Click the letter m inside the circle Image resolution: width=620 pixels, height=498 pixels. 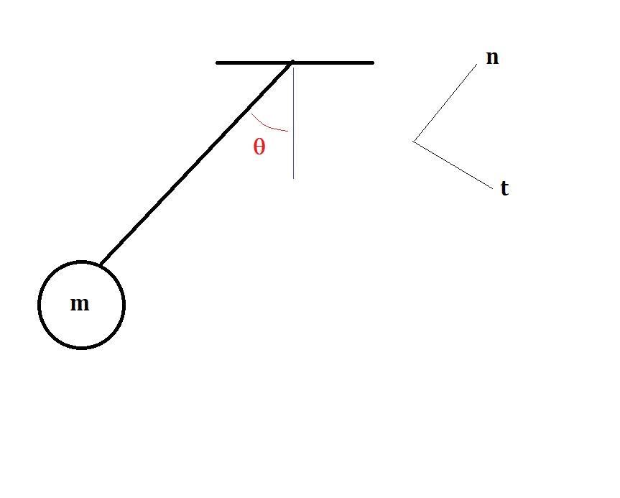point(80,304)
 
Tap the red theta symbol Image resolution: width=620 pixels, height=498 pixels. point(259,147)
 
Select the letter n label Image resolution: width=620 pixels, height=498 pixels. point(492,57)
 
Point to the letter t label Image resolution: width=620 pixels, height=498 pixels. point(504,188)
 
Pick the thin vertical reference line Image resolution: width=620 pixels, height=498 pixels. point(293,123)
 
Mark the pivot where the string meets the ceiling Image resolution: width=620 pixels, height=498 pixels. point(292,63)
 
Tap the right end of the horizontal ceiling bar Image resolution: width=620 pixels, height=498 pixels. point(372,63)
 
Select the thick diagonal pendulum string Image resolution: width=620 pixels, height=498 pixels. point(197,163)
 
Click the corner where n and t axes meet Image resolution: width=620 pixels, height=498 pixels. point(414,142)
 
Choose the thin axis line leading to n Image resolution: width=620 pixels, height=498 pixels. point(445,103)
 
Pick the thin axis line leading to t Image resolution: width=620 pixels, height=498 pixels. point(453,165)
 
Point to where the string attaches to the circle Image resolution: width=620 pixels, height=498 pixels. point(101,264)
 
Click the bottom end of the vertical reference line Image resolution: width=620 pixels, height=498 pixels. point(293,178)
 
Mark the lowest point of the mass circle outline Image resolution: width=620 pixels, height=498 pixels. point(81,348)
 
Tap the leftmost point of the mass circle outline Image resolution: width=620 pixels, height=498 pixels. point(39,305)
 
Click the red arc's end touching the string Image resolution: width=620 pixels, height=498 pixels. point(252,114)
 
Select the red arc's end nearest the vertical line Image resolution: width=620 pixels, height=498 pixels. point(288,131)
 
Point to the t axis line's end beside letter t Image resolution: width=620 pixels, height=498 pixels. point(493,189)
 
